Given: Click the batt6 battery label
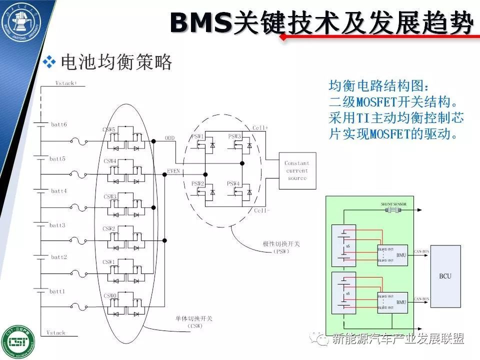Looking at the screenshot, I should [x=58, y=124].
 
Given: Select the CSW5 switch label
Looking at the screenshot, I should [x=109, y=129].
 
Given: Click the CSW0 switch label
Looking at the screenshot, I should [x=110, y=295].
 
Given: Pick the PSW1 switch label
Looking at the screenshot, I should [x=197, y=136].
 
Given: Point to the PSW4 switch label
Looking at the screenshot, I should [x=234, y=183].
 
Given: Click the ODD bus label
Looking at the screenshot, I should [x=170, y=137].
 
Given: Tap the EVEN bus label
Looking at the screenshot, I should [x=173, y=171].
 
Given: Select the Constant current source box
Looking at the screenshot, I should [x=297, y=170].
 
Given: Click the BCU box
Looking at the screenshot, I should [x=444, y=275].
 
